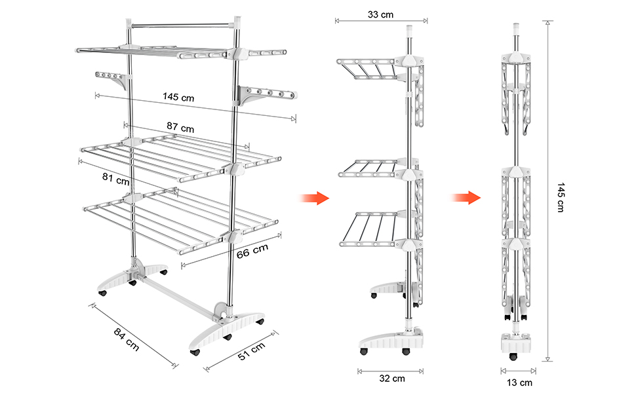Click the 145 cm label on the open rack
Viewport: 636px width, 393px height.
(x=178, y=97)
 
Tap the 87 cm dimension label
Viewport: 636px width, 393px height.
(x=180, y=127)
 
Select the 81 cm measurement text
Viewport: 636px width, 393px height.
(x=116, y=179)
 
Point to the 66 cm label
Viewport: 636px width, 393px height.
(x=252, y=252)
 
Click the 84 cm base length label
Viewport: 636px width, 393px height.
(x=126, y=339)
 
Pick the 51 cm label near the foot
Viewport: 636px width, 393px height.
(x=252, y=351)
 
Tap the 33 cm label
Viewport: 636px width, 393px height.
(x=380, y=14)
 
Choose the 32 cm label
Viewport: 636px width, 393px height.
(x=392, y=379)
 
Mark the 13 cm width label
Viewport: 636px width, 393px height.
(x=519, y=383)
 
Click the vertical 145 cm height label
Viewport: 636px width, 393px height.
(x=561, y=197)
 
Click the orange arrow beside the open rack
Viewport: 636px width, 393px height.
(x=315, y=198)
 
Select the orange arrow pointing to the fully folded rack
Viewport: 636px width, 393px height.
(x=466, y=198)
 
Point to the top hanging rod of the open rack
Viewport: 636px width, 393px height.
(x=183, y=26)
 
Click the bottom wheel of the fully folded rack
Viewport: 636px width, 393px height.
(x=514, y=357)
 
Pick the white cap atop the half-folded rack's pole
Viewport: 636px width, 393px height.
(x=410, y=30)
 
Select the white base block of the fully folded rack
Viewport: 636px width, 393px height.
(x=517, y=342)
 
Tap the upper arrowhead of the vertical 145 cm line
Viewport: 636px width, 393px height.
(x=547, y=23)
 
